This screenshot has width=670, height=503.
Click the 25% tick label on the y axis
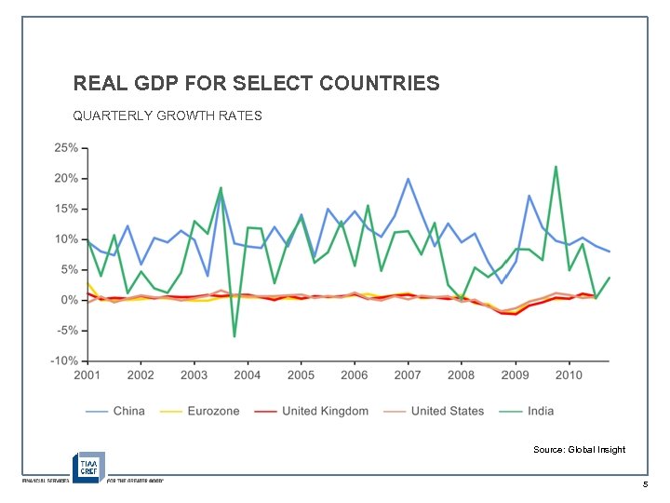pos(65,148)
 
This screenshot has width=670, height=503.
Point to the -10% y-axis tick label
pos(63,360)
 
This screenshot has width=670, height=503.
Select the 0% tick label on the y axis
pos(68,300)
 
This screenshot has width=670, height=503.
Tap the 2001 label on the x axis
pos(87,375)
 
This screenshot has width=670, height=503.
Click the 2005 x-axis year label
pos(301,375)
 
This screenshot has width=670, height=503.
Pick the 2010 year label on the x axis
pos(569,375)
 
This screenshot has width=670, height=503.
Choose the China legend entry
pos(128,411)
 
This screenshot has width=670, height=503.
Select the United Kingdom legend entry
pos(325,411)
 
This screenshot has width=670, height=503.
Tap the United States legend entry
pos(448,411)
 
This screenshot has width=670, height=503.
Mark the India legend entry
pos(541,411)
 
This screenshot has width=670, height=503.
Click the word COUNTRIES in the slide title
pos(379,84)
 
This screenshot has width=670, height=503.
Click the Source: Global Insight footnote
pos(579,450)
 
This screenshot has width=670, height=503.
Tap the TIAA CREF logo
pos(89,466)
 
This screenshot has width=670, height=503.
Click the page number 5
pos(644,485)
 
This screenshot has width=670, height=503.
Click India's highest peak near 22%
pos(556,168)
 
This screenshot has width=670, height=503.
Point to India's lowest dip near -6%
pos(234,336)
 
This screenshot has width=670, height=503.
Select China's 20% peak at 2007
pos(408,179)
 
